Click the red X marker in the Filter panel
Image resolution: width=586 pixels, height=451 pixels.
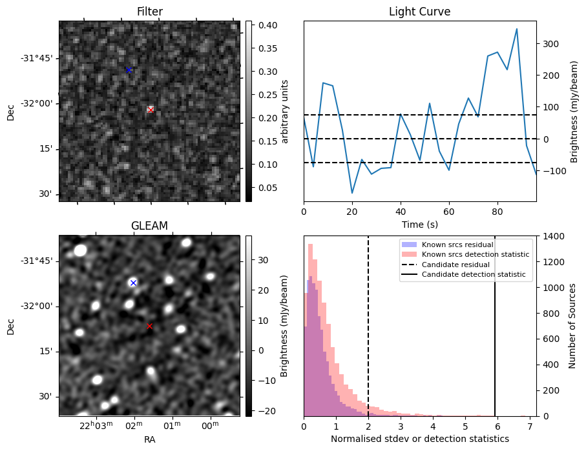[151, 110]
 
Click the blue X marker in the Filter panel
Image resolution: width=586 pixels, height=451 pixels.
[129, 70]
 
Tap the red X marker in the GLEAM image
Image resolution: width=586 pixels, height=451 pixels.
[149, 326]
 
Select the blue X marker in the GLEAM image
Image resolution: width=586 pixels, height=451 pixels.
[133, 283]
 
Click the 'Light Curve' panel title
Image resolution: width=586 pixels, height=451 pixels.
[420, 12]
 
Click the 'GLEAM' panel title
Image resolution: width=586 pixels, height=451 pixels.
[149, 226]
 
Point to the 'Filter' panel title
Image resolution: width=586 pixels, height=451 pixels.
[150, 12]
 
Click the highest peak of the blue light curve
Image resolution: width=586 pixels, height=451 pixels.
[517, 29]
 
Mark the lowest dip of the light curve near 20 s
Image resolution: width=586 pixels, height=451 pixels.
[352, 193]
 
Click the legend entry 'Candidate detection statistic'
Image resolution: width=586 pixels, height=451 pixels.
[474, 274]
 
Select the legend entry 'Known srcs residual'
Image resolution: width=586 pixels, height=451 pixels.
[457, 245]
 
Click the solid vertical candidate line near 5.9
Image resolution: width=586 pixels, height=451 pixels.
[495, 326]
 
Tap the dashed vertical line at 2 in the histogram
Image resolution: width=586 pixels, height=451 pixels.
[368, 326]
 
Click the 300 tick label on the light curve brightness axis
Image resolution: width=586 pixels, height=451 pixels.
[551, 44]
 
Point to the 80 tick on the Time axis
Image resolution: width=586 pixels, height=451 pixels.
[497, 212]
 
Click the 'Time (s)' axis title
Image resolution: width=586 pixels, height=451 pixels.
[420, 225]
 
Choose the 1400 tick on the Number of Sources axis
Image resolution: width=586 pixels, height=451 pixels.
[552, 236]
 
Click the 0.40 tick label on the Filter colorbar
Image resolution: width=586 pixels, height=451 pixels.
[267, 25]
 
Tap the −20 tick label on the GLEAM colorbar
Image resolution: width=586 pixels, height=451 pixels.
[267, 411]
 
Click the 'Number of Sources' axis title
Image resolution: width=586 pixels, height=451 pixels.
[572, 326]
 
